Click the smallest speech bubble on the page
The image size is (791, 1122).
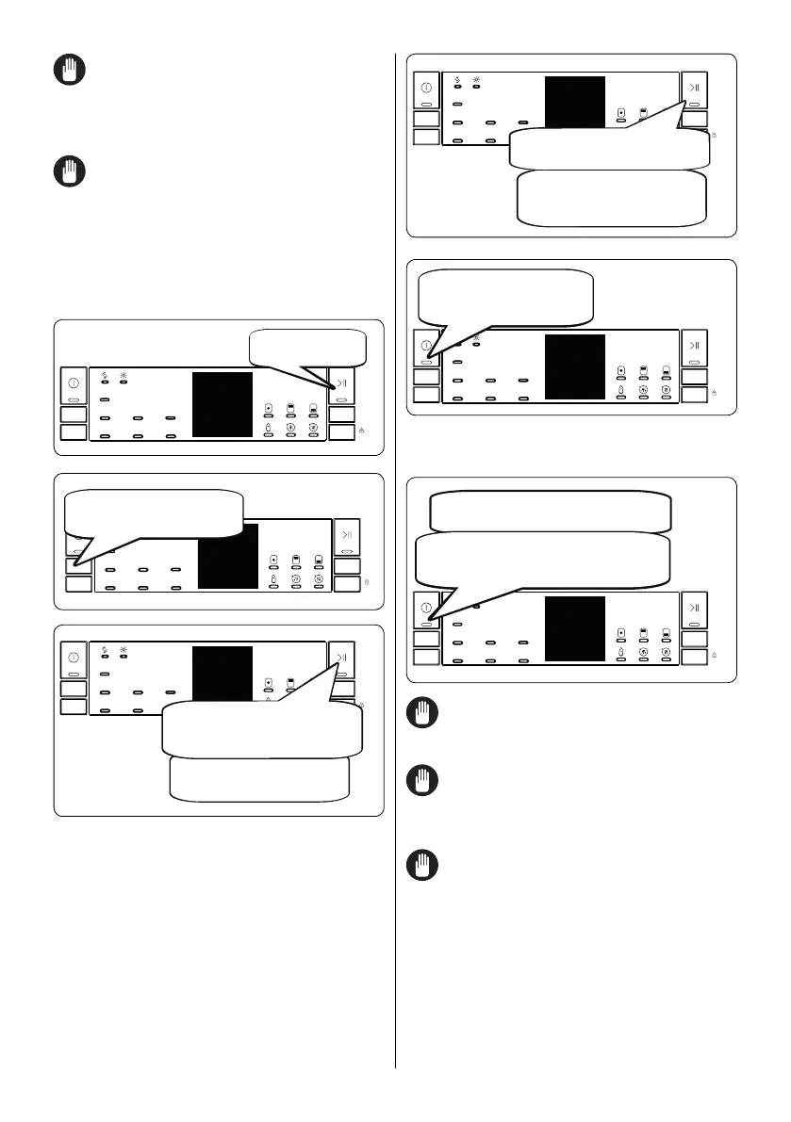click(x=307, y=347)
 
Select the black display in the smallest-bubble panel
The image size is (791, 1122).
click(x=222, y=404)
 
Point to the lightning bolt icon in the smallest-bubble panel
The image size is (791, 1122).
click(x=104, y=375)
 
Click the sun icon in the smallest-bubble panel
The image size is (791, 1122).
click(x=123, y=375)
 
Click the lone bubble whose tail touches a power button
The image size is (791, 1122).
click(x=505, y=296)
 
